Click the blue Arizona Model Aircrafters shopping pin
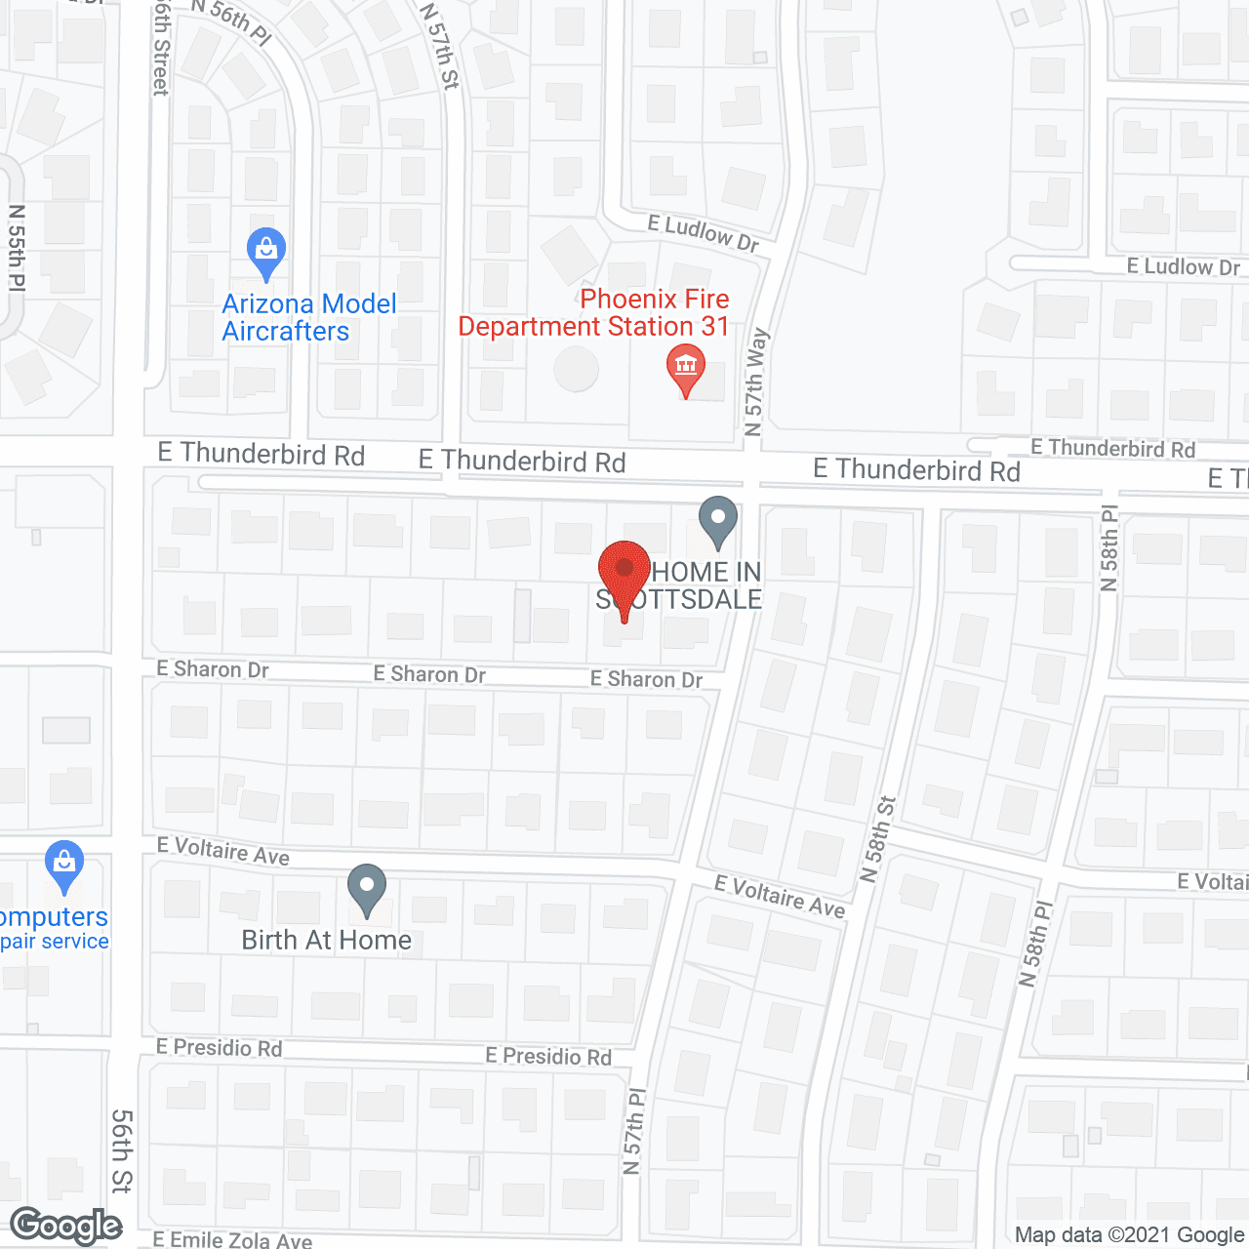click(265, 252)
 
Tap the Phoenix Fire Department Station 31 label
click(594, 312)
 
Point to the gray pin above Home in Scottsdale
click(718, 520)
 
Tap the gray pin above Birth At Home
click(367, 889)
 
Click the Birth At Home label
click(327, 940)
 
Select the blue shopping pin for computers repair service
click(64, 865)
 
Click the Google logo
click(66, 1226)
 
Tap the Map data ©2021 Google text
click(1129, 1235)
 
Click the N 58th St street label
click(878, 839)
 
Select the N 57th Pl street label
click(634, 1132)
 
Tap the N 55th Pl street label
click(18, 248)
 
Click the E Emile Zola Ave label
click(232, 1240)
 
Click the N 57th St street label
click(439, 47)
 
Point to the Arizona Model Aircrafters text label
click(308, 317)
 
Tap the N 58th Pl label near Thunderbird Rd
click(1109, 548)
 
